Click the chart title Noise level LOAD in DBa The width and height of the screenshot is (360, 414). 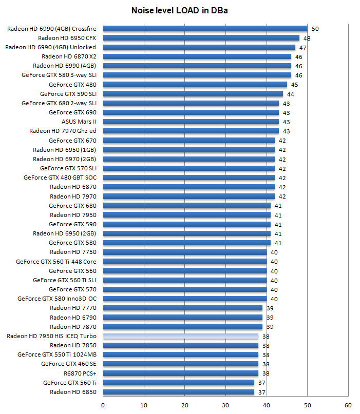[x=179, y=10]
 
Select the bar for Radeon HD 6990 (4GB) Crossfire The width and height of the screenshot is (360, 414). [x=205, y=29]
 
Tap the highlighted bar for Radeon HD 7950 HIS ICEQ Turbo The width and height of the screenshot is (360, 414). [x=180, y=337]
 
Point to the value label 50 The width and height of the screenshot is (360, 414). [x=315, y=29]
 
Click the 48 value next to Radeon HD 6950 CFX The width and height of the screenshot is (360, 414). [x=307, y=38]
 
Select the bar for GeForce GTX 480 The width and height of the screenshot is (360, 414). [x=195, y=85]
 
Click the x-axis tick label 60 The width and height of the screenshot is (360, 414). [x=348, y=405]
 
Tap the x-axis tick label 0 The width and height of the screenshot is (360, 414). [x=103, y=405]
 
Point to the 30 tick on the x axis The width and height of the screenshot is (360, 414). [x=225, y=405]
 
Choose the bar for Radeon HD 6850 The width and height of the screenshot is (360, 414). [x=178, y=392]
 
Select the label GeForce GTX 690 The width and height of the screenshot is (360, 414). [x=72, y=112]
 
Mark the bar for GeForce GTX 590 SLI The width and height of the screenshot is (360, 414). [x=193, y=94]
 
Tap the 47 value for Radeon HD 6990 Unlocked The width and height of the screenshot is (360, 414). [x=303, y=47]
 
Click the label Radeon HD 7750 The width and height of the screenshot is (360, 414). [x=73, y=252]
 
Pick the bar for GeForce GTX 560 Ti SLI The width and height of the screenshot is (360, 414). [x=184, y=280]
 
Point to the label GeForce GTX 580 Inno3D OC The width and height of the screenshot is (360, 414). [x=56, y=299]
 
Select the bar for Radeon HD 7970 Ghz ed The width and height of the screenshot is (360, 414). [x=191, y=131]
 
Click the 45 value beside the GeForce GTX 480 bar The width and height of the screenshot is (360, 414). [x=295, y=85]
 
